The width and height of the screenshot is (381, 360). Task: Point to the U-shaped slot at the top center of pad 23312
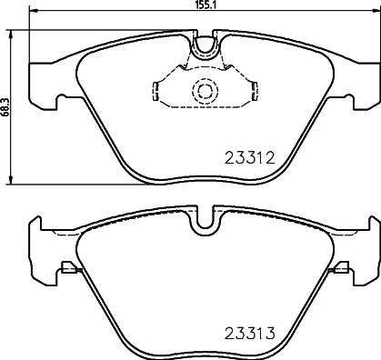coord(205,41)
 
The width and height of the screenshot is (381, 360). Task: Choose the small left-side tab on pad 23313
coord(67,269)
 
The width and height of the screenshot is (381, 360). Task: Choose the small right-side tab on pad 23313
coord(342,269)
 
